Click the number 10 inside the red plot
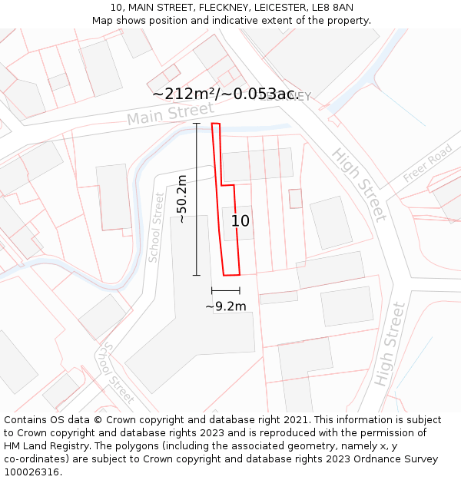point(240,221)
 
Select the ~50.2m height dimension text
point(182,199)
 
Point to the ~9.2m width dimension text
point(226,306)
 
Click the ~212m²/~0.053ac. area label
point(225,94)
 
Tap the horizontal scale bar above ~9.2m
point(226,290)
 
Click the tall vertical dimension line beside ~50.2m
point(196,199)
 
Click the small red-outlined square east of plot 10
point(296,198)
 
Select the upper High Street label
point(358,184)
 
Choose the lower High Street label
point(390,344)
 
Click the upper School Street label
point(156,227)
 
